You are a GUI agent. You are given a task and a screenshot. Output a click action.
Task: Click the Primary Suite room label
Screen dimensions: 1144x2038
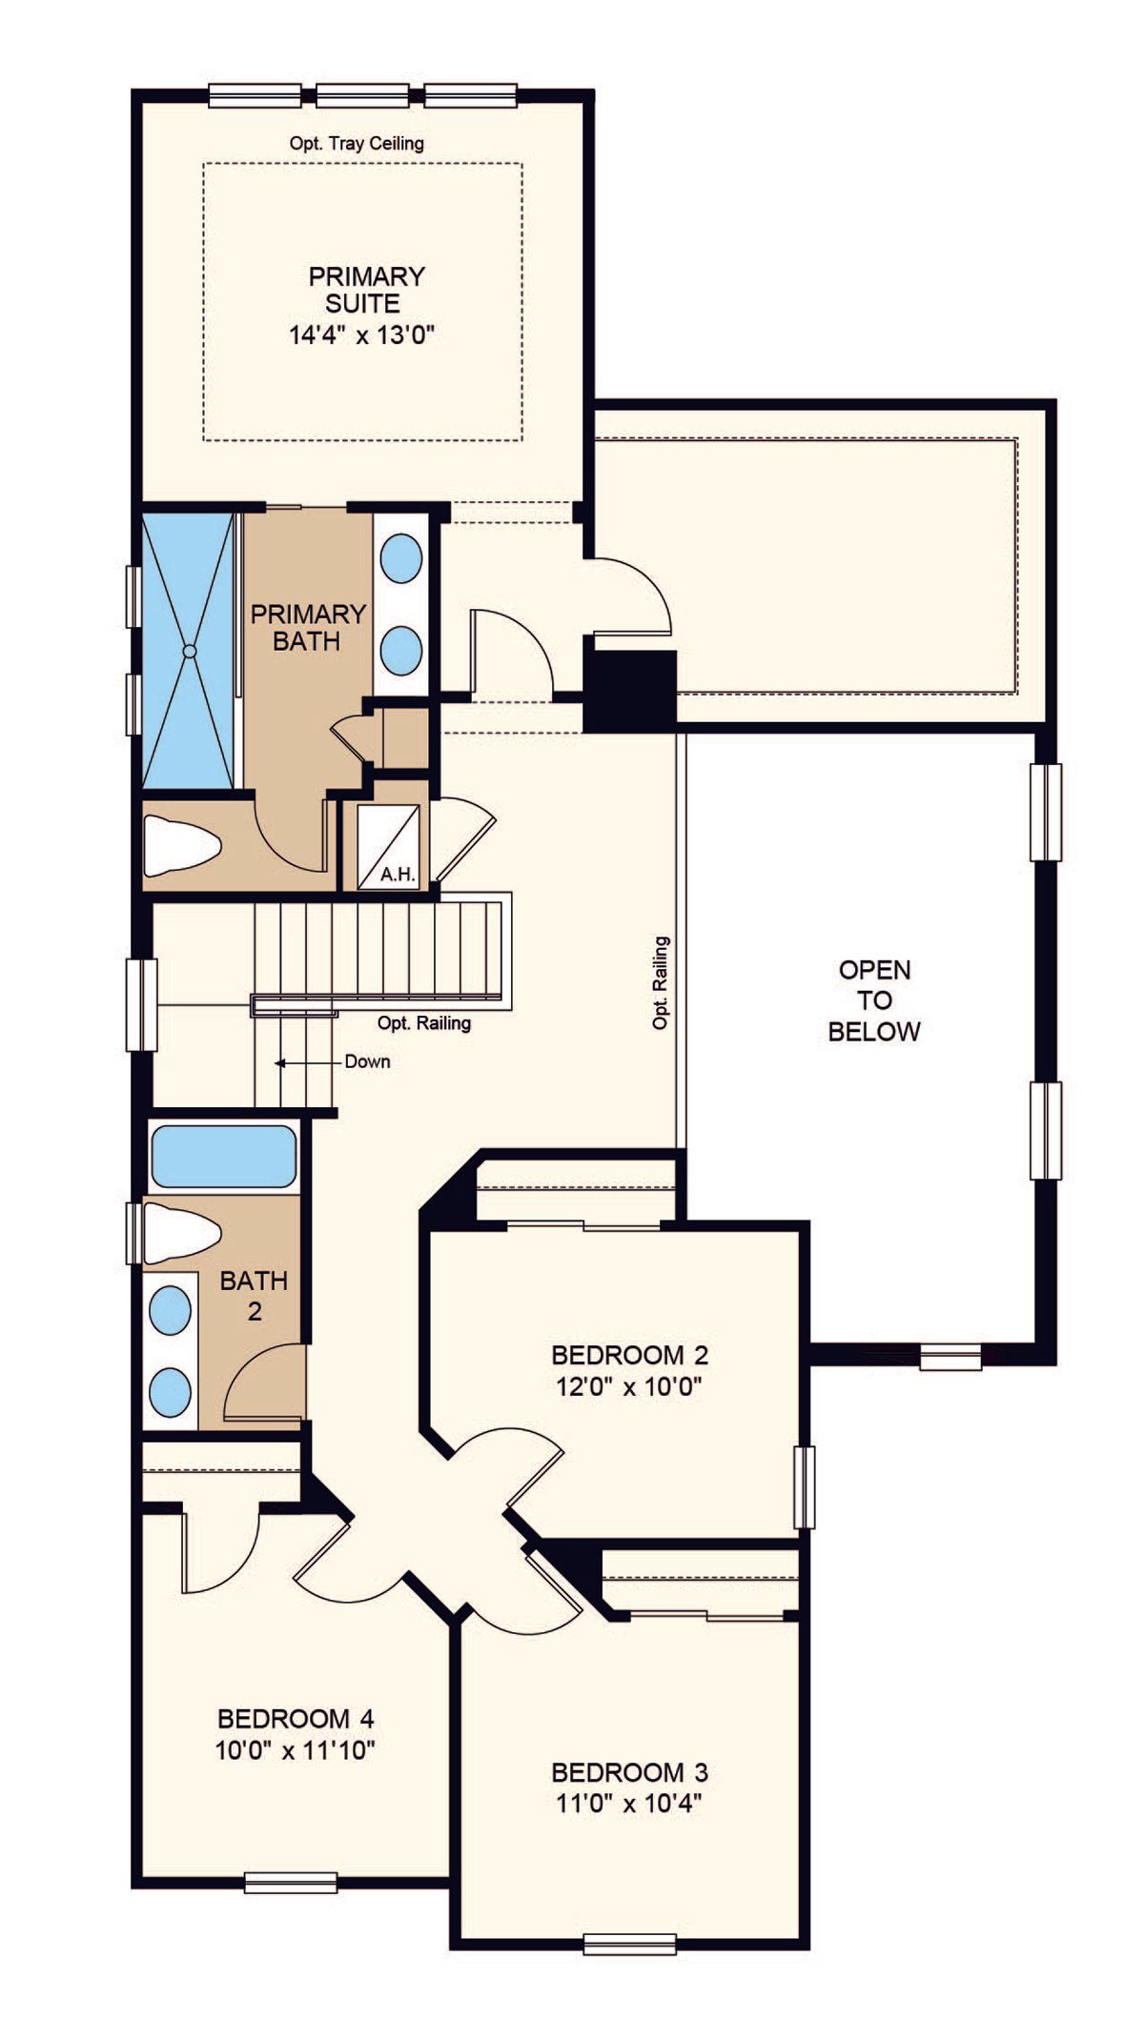coord(365,291)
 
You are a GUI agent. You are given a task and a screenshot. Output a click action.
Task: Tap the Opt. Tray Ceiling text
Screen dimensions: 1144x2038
coord(357,144)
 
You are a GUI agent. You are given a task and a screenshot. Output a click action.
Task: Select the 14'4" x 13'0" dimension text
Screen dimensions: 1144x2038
coord(362,334)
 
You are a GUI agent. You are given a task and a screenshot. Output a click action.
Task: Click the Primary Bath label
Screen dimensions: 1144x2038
coord(307,627)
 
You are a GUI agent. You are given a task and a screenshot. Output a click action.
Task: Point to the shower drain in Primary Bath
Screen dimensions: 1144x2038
coord(189,651)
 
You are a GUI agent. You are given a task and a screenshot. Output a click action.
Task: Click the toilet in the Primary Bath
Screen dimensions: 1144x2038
coord(182,845)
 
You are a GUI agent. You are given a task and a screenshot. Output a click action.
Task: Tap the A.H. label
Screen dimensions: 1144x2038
coord(398,874)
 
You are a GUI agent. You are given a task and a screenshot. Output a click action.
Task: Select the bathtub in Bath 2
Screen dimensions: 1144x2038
coord(223,1157)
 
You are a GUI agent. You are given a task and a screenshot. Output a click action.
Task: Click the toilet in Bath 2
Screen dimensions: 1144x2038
coord(182,1233)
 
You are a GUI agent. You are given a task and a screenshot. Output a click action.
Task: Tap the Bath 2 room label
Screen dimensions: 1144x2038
coord(254,1296)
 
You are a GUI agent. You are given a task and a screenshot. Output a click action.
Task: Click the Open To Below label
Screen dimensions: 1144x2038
coord(874,1000)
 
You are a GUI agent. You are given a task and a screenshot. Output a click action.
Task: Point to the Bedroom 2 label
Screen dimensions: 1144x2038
coord(630,1355)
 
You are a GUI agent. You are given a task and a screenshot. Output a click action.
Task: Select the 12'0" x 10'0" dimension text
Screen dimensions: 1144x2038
coord(629,1386)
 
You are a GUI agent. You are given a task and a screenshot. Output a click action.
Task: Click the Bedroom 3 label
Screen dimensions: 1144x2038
coord(630,1773)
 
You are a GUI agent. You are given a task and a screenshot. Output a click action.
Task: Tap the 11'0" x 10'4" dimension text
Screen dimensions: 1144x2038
coord(629,1804)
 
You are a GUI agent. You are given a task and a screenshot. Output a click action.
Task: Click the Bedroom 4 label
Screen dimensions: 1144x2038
coord(296,1719)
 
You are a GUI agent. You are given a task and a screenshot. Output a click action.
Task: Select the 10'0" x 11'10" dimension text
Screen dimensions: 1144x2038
coord(296,1750)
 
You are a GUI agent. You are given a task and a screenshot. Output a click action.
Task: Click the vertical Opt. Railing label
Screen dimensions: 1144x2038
coord(661,982)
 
